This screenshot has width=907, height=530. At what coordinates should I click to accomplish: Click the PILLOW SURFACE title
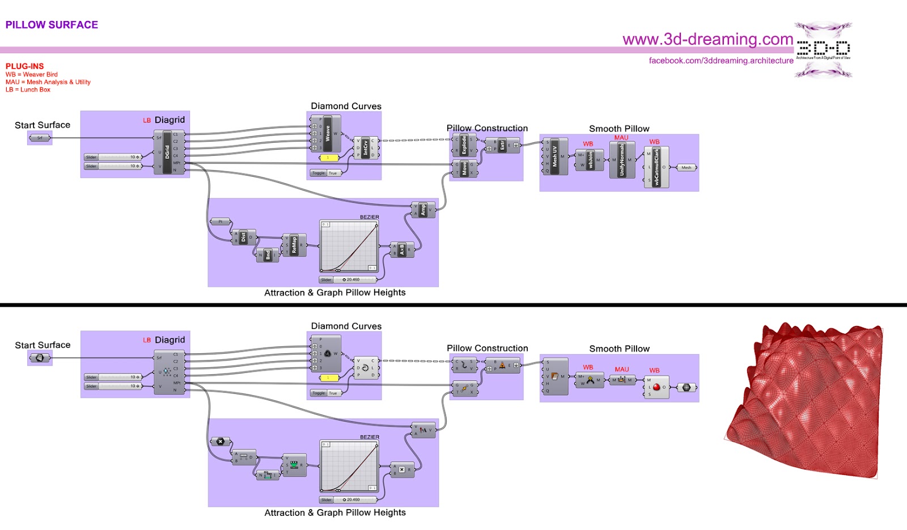(x=52, y=25)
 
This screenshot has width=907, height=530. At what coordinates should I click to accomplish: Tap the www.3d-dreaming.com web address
(x=707, y=39)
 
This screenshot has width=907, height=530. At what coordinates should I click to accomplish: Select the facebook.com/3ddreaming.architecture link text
(x=721, y=61)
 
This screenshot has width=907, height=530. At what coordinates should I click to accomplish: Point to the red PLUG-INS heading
(x=24, y=66)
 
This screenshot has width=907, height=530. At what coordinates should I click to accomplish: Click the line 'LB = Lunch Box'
(x=28, y=90)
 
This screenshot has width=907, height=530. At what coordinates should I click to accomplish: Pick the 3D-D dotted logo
(x=823, y=49)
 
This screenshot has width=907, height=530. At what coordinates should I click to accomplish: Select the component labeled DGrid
(x=167, y=152)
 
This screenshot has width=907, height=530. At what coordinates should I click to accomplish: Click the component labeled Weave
(x=328, y=134)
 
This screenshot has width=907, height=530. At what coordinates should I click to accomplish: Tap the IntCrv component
(x=366, y=147)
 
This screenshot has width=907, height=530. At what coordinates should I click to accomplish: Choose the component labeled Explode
(x=464, y=145)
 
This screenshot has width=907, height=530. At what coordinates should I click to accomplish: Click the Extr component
(x=502, y=145)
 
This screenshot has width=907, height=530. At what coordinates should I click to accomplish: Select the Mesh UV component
(x=554, y=156)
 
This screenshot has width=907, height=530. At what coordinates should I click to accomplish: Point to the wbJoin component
(x=590, y=160)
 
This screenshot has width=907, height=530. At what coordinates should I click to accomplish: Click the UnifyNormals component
(x=622, y=160)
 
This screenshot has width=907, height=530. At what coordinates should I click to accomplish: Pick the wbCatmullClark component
(x=656, y=167)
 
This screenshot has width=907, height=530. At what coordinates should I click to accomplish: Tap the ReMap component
(x=294, y=245)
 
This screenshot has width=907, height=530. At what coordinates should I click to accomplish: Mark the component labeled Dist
(x=243, y=237)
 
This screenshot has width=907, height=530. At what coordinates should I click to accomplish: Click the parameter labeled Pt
(x=221, y=222)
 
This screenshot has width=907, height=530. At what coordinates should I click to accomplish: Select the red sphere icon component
(x=656, y=387)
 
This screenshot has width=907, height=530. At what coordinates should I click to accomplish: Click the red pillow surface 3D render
(x=805, y=402)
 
